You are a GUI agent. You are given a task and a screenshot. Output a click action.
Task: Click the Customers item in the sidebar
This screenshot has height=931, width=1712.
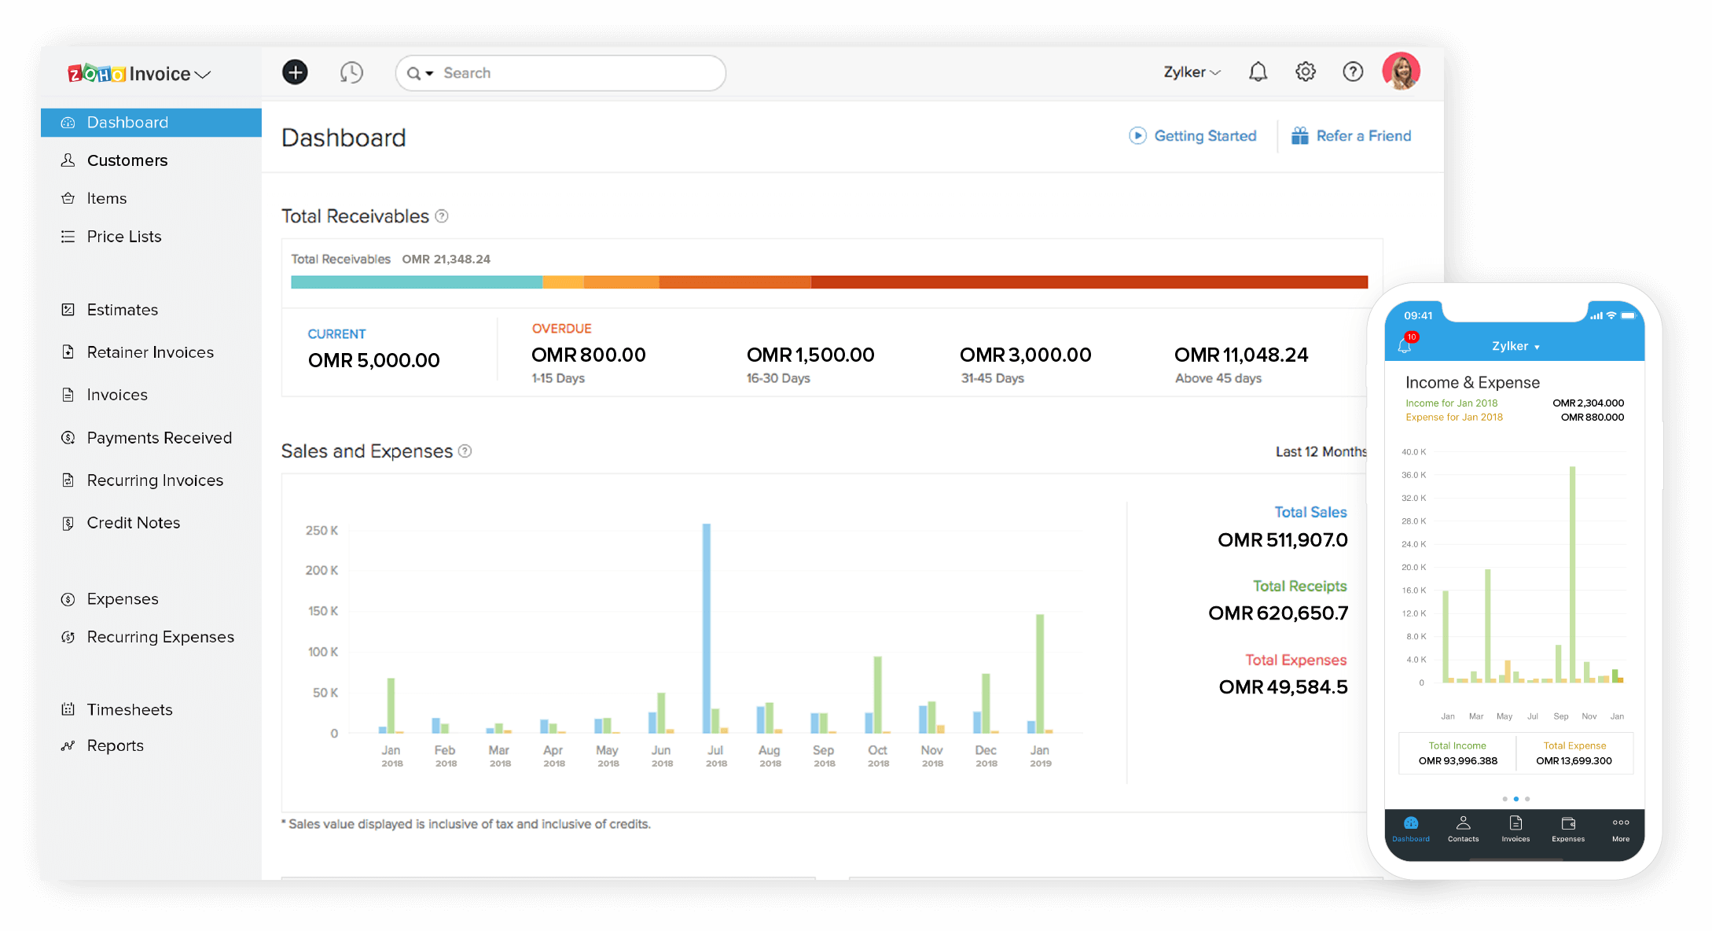tap(127, 160)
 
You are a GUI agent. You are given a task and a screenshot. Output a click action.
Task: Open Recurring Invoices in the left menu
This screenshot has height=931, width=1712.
tap(155, 480)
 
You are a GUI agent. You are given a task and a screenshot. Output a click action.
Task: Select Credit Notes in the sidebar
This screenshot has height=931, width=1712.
tap(133, 523)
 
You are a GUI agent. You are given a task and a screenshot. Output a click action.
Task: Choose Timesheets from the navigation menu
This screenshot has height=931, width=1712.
tap(129, 710)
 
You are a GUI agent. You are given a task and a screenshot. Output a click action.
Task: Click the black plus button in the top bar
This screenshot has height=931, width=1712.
tap(295, 73)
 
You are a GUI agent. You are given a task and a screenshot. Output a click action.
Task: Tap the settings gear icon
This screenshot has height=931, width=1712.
tap(1305, 72)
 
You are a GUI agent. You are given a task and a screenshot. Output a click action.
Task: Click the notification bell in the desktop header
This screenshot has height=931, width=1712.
tap(1258, 72)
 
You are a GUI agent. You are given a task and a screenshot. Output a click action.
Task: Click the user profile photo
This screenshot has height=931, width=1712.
tap(1401, 72)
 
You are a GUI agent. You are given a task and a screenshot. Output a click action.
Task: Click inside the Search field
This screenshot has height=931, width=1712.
tap(574, 73)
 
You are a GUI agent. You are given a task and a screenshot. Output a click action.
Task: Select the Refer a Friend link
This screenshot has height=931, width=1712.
tap(1363, 136)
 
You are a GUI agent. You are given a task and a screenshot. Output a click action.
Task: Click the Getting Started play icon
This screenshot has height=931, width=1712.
tap(1137, 136)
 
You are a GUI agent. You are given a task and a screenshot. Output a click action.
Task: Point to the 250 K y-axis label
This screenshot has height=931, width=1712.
tap(321, 531)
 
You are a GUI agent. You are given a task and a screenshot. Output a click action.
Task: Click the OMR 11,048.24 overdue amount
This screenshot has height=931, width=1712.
tap(1241, 355)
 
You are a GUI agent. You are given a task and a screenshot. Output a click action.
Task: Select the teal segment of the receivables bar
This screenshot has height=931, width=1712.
tap(416, 282)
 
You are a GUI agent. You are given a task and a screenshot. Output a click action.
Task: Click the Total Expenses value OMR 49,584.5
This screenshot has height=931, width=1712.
tap(1283, 687)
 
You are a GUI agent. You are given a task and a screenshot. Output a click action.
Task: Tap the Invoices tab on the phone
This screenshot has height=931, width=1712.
tap(1515, 829)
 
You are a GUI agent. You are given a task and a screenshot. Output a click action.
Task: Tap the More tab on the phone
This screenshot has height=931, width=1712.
tap(1621, 829)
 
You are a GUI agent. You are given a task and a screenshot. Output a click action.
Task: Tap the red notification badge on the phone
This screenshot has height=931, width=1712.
tap(1412, 337)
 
